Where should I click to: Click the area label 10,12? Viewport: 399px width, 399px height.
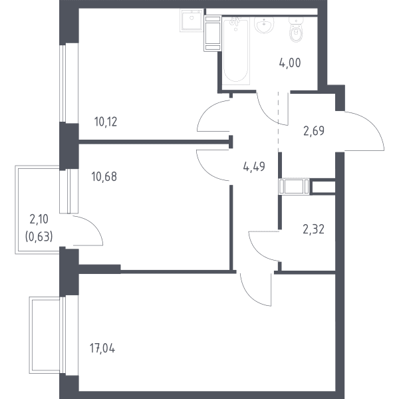[106, 122]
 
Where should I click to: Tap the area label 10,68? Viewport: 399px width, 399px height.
[104, 177]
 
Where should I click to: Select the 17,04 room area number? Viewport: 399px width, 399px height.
[102, 348]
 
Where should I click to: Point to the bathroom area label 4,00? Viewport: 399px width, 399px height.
[290, 63]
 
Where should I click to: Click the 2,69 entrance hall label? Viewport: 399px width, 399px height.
[314, 131]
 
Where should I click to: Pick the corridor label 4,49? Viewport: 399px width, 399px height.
[254, 167]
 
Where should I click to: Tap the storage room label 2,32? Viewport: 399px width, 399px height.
[313, 229]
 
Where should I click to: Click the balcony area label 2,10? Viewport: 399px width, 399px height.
[39, 219]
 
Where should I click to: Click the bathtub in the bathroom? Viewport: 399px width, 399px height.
[235, 51]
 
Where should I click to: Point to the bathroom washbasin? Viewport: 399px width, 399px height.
[264, 25]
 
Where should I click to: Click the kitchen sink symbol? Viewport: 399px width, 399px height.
[192, 21]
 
